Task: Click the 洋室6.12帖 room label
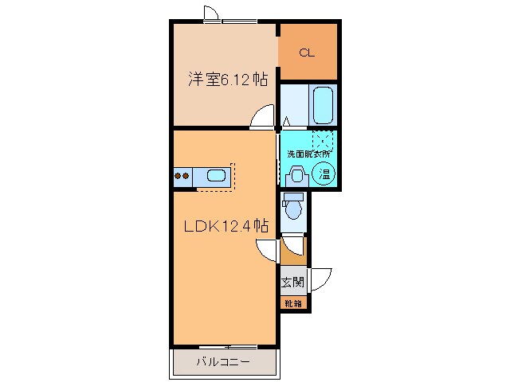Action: click(x=227, y=80)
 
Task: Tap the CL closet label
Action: click(x=307, y=53)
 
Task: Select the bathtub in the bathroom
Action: click(x=323, y=103)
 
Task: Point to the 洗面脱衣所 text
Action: click(x=308, y=153)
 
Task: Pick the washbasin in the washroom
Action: click(x=297, y=175)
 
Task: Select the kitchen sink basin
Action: click(x=216, y=175)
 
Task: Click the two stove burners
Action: click(x=182, y=175)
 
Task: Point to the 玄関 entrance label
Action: click(x=292, y=282)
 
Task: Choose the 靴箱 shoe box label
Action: click(x=292, y=303)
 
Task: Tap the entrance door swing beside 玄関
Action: click(x=320, y=280)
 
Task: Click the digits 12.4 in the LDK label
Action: click(x=237, y=225)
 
